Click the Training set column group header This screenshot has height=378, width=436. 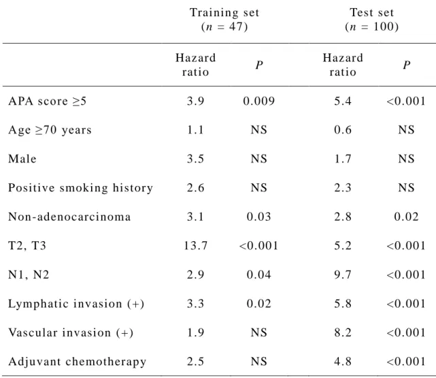pyautogui.click(x=224, y=20)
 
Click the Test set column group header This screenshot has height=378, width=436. pyautogui.click(x=372, y=20)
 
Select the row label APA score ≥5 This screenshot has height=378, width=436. pyautogui.click(x=47, y=101)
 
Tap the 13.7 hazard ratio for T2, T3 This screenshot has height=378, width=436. pyautogui.click(x=195, y=245)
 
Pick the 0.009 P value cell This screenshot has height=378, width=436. pyautogui.click(x=259, y=101)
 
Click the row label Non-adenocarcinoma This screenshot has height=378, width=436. pyautogui.click(x=69, y=217)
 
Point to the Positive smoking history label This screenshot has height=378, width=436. pyautogui.click(x=81, y=188)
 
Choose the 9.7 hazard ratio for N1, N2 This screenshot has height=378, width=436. pyautogui.click(x=343, y=274)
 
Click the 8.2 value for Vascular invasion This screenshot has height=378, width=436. pyautogui.click(x=343, y=332)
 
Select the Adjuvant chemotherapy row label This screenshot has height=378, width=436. pyautogui.click(x=78, y=362)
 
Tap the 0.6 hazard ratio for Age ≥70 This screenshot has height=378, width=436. pyautogui.click(x=343, y=130)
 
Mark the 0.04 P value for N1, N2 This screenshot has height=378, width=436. pyautogui.click(x=259, y=274)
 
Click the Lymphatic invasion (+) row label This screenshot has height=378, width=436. pyautogui.click(x=76, y=304)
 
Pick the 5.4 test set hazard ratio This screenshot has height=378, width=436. pyautogui.click(x=343, y=101)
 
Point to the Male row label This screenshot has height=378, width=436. pyautogui.click(x=22, y=159)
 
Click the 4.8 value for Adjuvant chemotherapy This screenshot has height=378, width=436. pyautogui.click(x=343, y=361)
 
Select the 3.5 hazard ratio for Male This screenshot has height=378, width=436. pyautogui.click(x=195, y=159)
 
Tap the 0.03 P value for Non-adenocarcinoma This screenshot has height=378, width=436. pyautogui.click(x=259, y=217)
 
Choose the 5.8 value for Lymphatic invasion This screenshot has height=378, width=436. pyautogui.click(x=343, y=303)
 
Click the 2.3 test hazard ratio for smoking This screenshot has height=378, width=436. pyautogui.click(x=343, y=188)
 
